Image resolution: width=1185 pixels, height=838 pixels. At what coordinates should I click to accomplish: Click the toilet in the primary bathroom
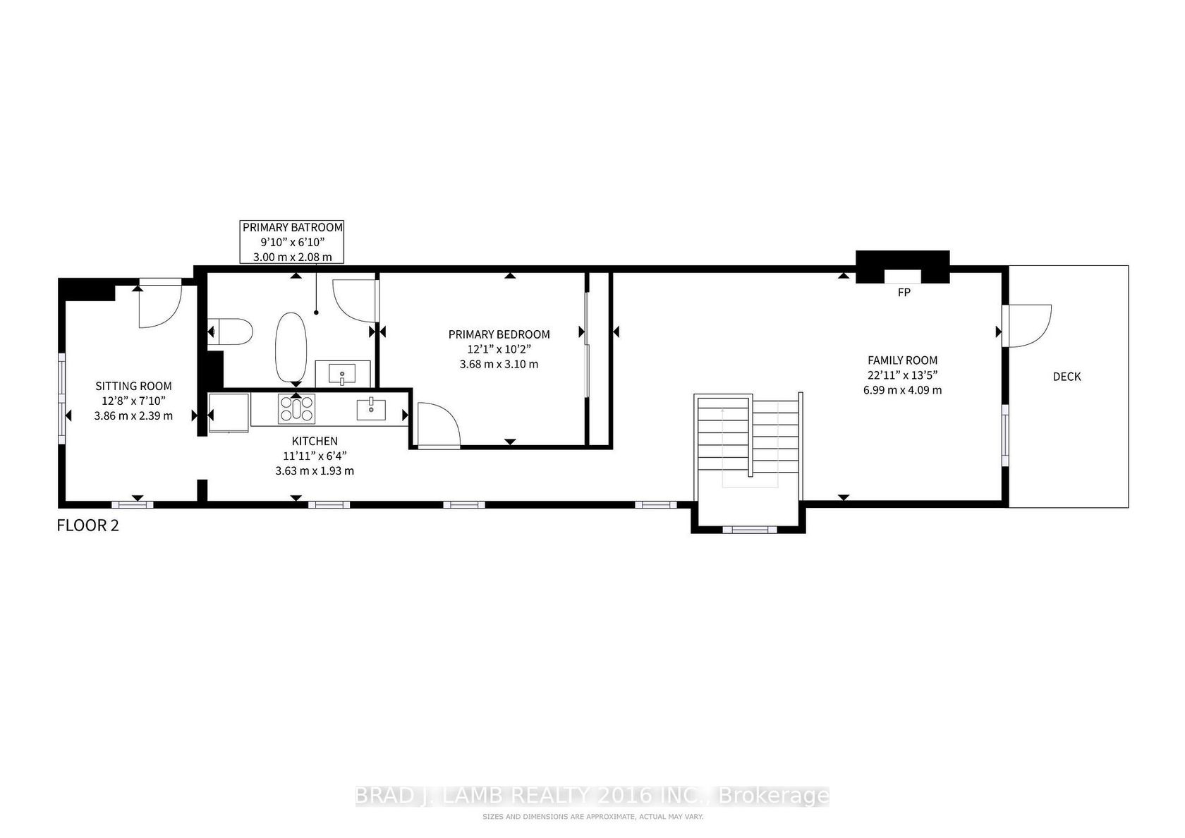click(230, 332)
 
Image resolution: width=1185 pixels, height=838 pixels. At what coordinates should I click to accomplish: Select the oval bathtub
click(291, 347)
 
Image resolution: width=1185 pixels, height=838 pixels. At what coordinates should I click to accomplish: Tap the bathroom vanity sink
click(342, 374)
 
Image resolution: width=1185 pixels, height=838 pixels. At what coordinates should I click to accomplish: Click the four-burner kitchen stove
click(296, 409)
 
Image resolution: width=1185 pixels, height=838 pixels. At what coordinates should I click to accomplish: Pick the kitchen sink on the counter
click(371, 409)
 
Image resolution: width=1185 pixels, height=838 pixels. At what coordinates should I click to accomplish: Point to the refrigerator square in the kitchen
click(229, 413)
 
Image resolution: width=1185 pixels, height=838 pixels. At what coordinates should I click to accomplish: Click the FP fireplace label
click(904, 292)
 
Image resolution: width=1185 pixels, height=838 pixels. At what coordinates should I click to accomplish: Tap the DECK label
click(1067, 377)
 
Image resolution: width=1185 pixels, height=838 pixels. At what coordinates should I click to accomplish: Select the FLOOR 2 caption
click(87, 526)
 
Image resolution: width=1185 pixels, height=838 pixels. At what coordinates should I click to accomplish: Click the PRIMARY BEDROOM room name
click(499, 334)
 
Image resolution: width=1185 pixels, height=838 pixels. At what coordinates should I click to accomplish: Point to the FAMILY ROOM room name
click(903, 360)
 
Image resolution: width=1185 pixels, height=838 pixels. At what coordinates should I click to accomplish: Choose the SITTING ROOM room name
click(133, 387)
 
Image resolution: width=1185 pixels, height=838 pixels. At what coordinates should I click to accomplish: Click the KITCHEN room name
click(315, 442)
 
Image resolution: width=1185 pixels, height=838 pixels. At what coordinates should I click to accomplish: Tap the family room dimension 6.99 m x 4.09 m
click(903, 391)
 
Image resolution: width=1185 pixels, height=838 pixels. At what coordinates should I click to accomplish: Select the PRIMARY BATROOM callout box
click(292, 242)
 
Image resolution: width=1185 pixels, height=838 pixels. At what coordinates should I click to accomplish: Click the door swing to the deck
click(1030, 326)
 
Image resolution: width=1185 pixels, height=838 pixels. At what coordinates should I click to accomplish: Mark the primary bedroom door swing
click(439, 425)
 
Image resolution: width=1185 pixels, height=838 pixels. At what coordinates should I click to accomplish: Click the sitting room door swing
click(160, 307)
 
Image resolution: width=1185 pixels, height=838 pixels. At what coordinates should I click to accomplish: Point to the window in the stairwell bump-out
click(750, 530)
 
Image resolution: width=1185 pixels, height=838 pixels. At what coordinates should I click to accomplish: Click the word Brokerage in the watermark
click(773, 796)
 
